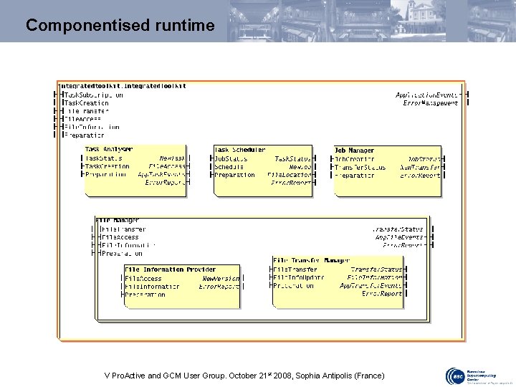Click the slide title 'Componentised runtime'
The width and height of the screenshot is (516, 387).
tap(120, 26)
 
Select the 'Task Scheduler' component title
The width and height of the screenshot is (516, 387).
tap(240, 149)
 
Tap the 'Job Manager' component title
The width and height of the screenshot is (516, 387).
tap(354, 150)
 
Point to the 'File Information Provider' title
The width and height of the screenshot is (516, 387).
tap(170, 269)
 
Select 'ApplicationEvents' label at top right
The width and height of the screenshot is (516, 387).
tap(428, 95)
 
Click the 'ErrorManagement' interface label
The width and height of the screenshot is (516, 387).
tap(431, 103)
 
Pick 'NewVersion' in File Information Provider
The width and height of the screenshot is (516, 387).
tap(221, 278)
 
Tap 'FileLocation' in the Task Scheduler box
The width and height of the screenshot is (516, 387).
tap(290, 174)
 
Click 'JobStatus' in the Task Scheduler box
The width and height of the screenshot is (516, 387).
tap(231, 158)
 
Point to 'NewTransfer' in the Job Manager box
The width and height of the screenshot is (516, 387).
tap(421, 166)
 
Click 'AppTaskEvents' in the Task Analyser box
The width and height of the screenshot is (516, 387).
tap(161, 174)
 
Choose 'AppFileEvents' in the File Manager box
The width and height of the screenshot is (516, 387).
tap(399, 236)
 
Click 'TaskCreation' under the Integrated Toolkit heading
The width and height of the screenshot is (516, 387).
tap(85, 103)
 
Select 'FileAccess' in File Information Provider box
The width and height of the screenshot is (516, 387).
tap(143, 278)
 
